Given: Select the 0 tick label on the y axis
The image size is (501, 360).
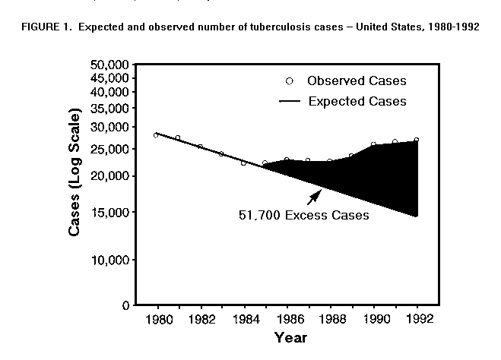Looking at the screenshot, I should pos(124,305).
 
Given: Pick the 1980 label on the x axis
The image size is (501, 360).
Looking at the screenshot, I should pos(157,320).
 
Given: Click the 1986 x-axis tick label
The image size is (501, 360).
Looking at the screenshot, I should pos(287,320).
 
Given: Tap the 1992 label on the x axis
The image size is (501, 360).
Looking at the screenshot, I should pos(417,320).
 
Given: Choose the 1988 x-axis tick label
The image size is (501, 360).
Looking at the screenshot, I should pos(330,320).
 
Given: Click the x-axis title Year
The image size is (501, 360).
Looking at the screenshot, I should pos(290,337).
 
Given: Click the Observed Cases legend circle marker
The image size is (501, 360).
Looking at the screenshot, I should pos(289,81).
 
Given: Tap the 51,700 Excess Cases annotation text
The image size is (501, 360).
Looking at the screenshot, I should pos(303,215).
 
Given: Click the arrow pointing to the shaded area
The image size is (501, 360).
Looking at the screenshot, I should pos(313,197).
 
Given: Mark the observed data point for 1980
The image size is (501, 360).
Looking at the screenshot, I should pos(157,134).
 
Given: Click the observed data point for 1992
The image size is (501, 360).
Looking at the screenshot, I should pos(417,140).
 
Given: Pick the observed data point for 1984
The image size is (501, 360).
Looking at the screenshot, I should pos(243,163).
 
